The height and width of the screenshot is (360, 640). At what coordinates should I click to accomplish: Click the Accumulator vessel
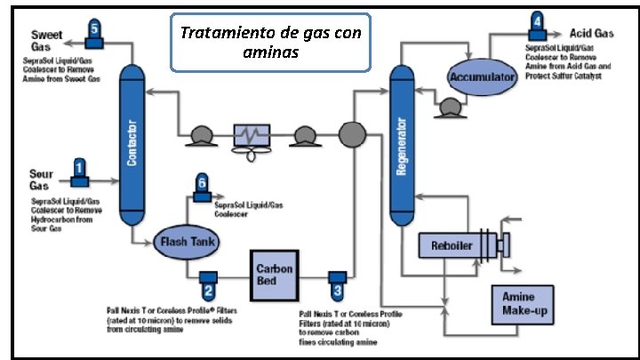pyautogui.click(x=483, y=78)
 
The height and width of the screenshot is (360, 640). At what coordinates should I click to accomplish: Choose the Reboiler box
pyautogui.click(x=452, y=245)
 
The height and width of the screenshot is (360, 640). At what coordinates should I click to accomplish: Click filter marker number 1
pyautogui.click(x=79, y=168)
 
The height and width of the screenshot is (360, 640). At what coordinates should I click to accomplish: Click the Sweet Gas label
pyautogui.click(x=42, y=38)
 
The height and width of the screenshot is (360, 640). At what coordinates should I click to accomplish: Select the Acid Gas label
pyautogui.click(x=591, y=34)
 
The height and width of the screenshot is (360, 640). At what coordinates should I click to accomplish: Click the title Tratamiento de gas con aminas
pyautogui.click(x=270, y=42)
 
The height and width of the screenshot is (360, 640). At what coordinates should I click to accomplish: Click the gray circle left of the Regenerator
pyautogui.click(x=353, y=134)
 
